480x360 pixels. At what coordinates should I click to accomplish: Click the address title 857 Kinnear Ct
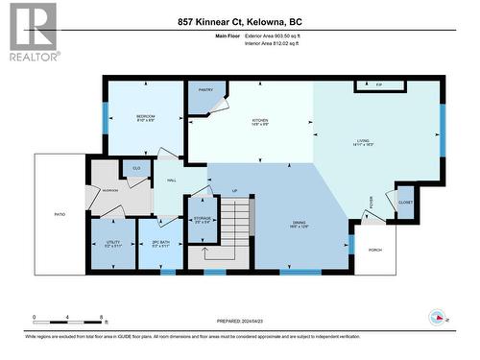point(239,21)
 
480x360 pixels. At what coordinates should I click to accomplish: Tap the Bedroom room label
point(145,118)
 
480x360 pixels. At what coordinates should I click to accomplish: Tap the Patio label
point(60,217)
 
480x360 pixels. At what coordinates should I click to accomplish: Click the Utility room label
point(112,244)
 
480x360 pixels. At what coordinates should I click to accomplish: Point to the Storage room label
point(202,220)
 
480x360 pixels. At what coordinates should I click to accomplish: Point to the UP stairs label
point(234,190)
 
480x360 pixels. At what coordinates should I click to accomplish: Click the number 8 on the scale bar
point(102,317)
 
